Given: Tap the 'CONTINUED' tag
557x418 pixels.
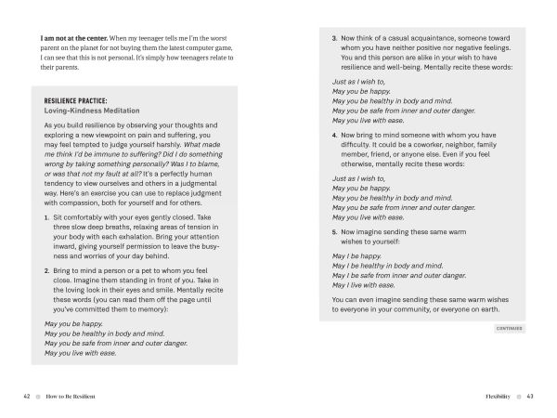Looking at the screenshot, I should pyautogui.click(x=509, y=327).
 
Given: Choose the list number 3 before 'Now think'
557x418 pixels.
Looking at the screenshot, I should pyautogui.click(x=334, y=38).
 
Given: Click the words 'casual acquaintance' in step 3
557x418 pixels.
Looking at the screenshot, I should pyautogui.click(x=419, y=38).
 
